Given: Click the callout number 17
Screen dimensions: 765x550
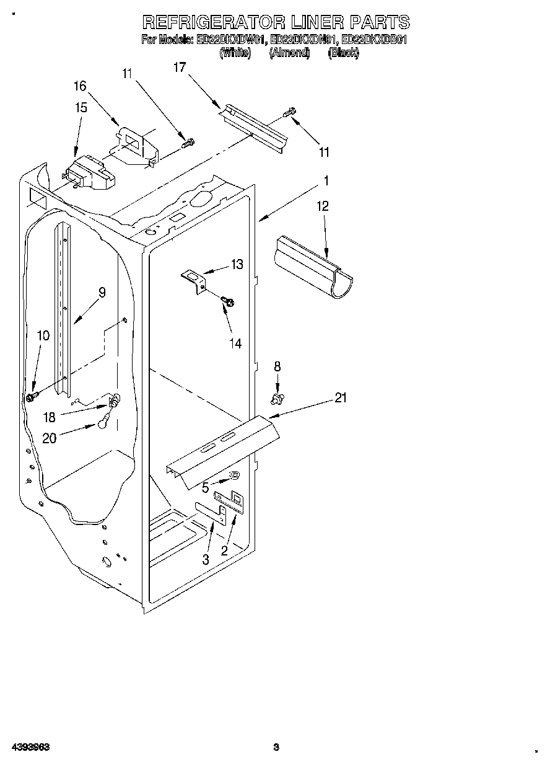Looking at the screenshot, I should click(x=180, y=68).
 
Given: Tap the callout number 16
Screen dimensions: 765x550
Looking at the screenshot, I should click(x=80, y=86).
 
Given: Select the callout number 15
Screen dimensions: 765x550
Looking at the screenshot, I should click(x=81, y=107).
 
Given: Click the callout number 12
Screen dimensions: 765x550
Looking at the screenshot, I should click(x=323, y=206).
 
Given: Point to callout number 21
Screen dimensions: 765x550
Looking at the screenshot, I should click(x=341, y=398).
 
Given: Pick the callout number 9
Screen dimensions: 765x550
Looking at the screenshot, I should click(x=102, y=292).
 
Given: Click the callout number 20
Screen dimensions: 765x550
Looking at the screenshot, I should click(x=50, y=438).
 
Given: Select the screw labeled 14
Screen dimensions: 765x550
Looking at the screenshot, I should click(x=227, y=302).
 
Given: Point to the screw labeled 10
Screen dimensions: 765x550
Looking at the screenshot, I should click(x=31, y=396).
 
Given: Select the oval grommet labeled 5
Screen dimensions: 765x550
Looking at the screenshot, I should click(x=235, y=475).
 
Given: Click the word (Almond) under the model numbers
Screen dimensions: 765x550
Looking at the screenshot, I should click(x=289, y=53).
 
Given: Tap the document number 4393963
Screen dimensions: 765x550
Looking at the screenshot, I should click(x=30, y=747).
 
